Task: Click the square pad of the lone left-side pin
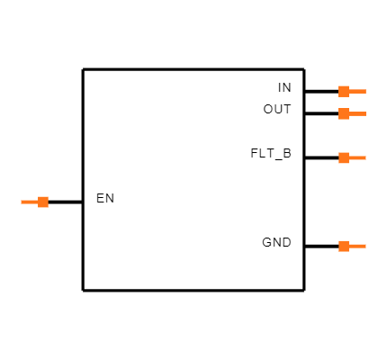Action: pyautogui.click(x=43, y=202)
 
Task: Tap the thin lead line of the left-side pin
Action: pyautogui.click(x=30, y=202)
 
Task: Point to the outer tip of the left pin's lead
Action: pyautogui.click(x=22, y=202)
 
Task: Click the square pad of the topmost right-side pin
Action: pyautogui.click(x=344, y=91)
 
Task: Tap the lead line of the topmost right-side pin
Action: pyautogui.click(x=357, y=91)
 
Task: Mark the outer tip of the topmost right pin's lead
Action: pyautogui.click(x=365, y=91)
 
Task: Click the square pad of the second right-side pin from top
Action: pyautogui.click(x=344, y=113)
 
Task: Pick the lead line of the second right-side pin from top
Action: pyautogui.click(x=357, y=113)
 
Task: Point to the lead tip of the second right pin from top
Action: pyautogui.click(x=365, y=113)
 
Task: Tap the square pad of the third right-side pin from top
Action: pyautogui.click(x=344, y=157)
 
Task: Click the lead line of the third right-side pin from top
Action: pyautogui.click(x=357, y=157)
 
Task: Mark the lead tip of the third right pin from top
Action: pyautogui.click(x=365, y=157)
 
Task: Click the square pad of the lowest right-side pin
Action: pyautogui.click(x=344, y=246)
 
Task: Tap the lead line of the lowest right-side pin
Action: pyautogui.click(x=357, y=246)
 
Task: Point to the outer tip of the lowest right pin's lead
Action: pyautogui.click(x=365, y=246)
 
